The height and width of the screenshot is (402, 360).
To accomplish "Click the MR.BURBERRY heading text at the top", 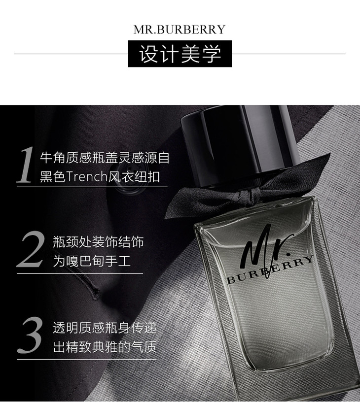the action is click(x=180, y=30).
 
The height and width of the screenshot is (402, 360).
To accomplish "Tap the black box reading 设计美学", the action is click(x=180, y=54).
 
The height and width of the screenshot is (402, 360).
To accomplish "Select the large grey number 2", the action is click(x=30, y=249).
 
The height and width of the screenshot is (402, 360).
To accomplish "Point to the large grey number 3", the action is click(x=30, y=335).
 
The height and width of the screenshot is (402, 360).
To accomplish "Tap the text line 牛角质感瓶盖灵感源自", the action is click(x=105, y=158).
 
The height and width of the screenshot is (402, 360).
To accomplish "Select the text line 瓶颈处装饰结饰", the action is click(x=98, y=242).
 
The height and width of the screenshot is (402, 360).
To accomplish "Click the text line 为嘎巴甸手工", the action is click(x=92, y=261).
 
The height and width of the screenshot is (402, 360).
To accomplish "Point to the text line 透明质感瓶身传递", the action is click(x=105, y=328).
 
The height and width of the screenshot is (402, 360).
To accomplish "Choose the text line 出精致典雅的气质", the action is click(x=105, y=347).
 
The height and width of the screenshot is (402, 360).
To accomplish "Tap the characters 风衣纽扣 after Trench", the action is click(x=134, y=177).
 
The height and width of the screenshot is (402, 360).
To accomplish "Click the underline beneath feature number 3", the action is click(x=86, y=359).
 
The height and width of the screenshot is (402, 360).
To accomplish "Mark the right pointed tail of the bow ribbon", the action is click(x=329, y=154).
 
